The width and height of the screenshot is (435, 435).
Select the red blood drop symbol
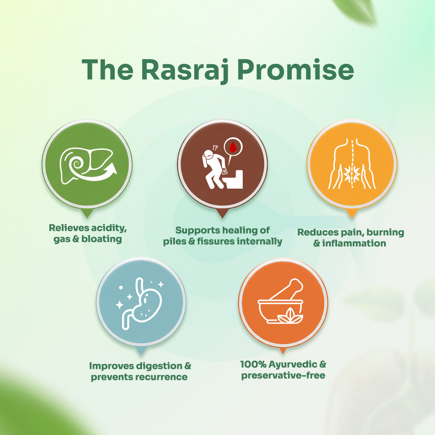(x=233, y=147)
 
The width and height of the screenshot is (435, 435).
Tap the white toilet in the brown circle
(x=235, y=179)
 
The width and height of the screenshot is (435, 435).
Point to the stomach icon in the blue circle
(x=140, y=304)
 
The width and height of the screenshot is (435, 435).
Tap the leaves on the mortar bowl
(x=290, y=316)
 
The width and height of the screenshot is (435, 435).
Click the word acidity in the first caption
(x=109, y=228)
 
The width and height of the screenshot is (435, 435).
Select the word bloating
(x=102, y=239)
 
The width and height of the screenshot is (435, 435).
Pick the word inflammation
(x=354, y=243)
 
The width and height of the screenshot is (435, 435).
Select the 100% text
(x=253, y=364)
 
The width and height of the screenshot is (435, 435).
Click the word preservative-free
(x=283, y=376)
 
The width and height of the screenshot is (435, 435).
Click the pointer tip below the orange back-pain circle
(x=352, y=218)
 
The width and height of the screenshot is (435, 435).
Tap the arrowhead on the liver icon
(x=112, y=169)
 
